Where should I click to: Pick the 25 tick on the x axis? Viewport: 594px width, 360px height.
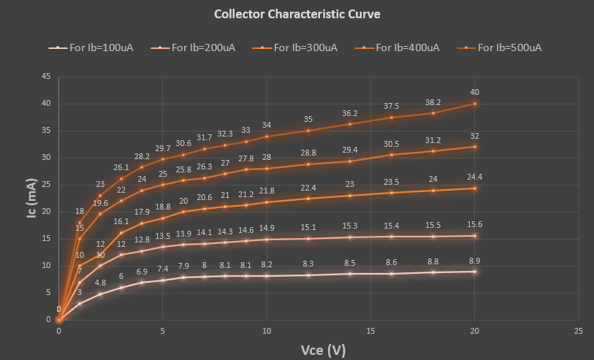579,331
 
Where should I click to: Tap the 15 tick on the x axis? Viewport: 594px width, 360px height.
370,331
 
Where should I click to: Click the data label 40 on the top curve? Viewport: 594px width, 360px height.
475,93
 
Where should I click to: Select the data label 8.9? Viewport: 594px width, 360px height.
475,261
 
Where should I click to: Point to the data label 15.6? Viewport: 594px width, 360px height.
475,225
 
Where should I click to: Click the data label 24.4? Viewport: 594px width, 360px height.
475,177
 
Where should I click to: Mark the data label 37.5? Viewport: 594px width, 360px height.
392,107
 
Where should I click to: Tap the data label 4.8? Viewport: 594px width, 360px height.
100,283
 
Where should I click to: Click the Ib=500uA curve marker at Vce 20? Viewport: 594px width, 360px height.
475,104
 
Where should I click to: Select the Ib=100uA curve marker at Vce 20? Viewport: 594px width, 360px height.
475,272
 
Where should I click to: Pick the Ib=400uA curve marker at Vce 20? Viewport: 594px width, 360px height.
475,147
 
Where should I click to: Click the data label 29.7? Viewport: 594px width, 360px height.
162,148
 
